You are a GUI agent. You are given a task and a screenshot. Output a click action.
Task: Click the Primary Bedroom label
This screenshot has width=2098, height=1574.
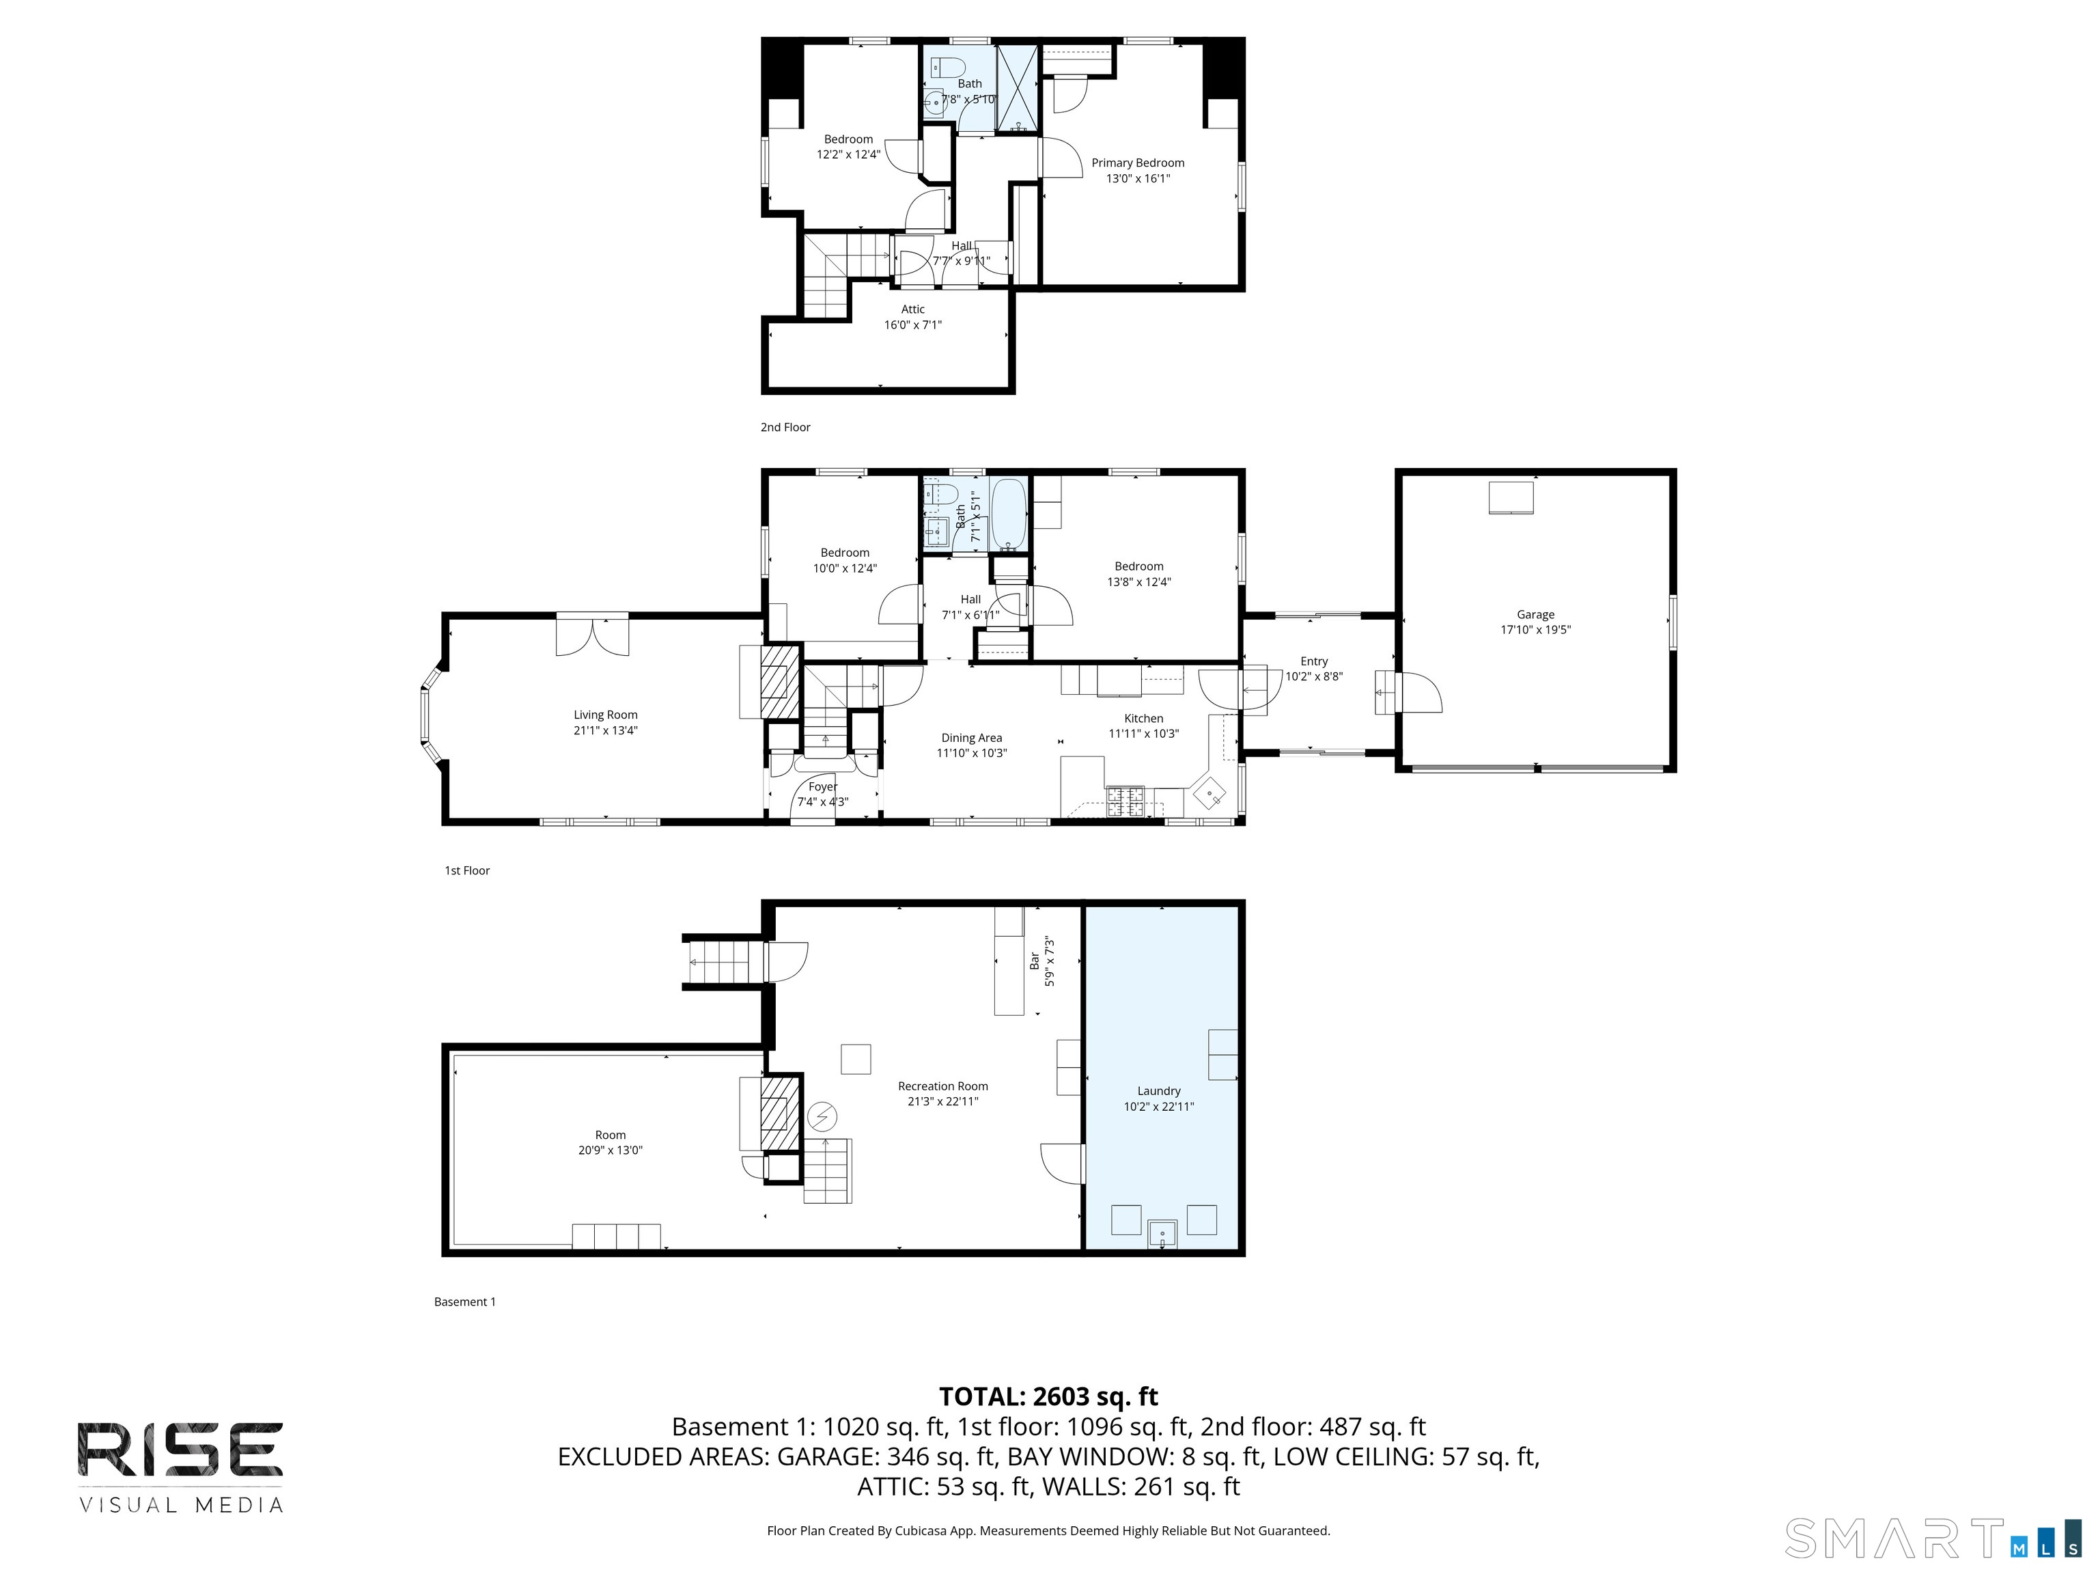point(1137,163)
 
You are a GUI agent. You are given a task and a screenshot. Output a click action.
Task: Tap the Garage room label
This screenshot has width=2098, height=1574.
point(1535,615)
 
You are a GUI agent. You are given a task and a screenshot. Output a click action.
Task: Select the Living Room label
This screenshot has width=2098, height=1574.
point(605,715)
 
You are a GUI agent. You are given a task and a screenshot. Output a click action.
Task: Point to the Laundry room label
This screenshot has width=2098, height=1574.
point(1159,1091)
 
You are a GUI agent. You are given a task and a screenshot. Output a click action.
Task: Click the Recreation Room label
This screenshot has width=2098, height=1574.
point(942,1086)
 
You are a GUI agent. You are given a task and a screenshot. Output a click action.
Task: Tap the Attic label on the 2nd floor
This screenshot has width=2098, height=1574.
point(912,309)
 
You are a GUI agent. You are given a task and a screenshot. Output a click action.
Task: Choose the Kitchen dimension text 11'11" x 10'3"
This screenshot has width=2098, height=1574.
point(1144,734)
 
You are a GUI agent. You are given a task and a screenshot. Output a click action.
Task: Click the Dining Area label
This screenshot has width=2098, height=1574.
point(971,738)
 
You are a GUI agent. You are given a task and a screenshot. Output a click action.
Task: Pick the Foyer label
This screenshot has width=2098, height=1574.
point(822,786)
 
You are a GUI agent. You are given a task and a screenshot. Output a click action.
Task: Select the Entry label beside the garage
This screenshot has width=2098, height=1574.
point(1313,661)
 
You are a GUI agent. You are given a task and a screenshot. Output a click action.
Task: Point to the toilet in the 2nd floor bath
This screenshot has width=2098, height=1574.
point(947,66)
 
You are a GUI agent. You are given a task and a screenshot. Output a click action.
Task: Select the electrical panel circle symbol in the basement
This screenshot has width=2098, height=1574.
point(822,1117)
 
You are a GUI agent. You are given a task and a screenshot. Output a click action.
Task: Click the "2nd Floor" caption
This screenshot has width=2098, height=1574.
point(785,427)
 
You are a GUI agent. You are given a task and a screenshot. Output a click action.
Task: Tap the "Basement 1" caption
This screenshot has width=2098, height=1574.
point(465,1301)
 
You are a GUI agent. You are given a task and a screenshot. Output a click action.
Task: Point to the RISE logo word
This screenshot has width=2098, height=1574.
point(180,1450)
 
